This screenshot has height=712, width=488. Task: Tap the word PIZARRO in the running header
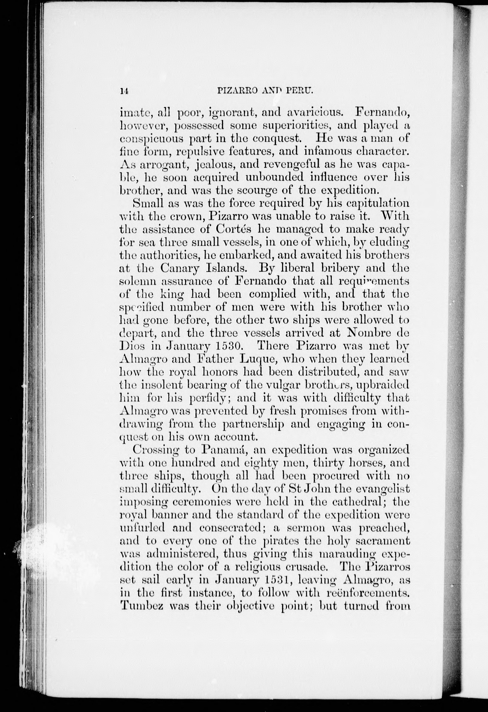[234, 91]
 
